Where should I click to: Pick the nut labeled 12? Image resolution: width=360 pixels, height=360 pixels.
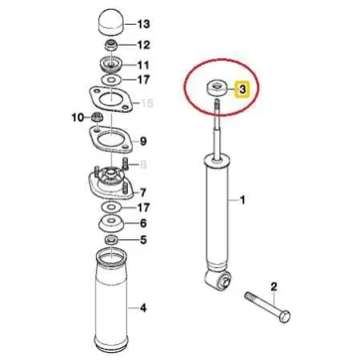tap(111, 45)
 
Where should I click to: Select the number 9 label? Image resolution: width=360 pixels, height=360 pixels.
tap(144, 142)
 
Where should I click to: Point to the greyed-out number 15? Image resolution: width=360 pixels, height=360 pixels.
tap(146, 103)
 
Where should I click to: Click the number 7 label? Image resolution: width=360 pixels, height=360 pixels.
tap(143, 192)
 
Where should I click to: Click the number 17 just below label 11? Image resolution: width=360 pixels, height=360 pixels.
tap(143, 80)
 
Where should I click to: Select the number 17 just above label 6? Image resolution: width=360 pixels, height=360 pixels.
tap(143, 207)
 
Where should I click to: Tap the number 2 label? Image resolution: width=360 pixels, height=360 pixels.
tap(273, 286)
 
